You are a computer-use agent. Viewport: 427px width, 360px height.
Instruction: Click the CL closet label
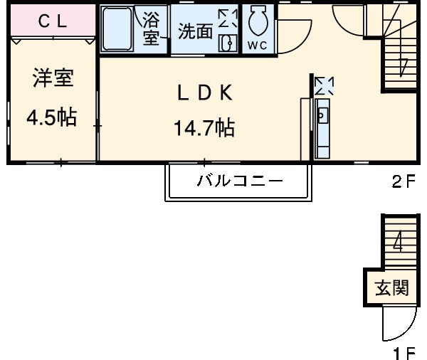pos(52,21)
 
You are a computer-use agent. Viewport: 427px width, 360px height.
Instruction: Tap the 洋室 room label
pos(53,78)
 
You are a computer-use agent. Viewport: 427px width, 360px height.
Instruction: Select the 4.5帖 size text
pos(51,117)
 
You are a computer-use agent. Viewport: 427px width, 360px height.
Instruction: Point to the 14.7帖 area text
pos(204,128)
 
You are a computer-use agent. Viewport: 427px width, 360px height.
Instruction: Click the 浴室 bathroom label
pos(152,28)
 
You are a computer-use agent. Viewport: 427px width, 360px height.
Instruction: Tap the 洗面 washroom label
pos(194,31)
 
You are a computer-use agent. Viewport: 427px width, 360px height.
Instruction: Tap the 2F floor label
pos(402,181)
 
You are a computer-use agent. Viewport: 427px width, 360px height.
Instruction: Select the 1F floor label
pos(404,352)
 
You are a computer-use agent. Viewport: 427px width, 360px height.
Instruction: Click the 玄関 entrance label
pos(392,288)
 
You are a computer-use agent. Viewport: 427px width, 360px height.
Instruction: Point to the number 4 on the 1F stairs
pos(398,243)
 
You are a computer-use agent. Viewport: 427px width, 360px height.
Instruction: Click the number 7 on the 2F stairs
pos(404,66)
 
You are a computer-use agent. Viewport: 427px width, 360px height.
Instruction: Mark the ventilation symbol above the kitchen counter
pos(324,86)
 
